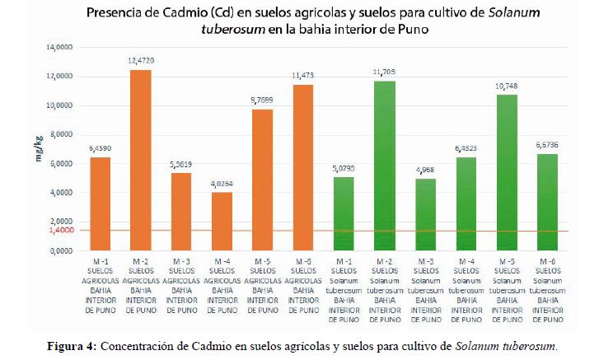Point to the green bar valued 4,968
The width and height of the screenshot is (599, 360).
[424, 214]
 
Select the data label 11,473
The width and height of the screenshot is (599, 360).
[303, 77]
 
